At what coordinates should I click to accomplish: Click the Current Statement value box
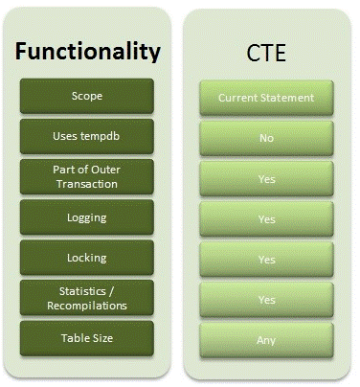pyautogui.click(x=265, y=98)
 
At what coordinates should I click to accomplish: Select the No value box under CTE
pyautogui.click(x=265, y=138)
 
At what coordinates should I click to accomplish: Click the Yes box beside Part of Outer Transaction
pyautogui.click(x=265, y=178)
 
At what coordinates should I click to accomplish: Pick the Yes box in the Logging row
pyautogui.click(x=265, y=218)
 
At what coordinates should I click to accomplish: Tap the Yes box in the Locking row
pyautogui.click(x=265, y=259)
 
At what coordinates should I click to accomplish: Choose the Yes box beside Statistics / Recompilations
pyautogui.click(x=265, y=299)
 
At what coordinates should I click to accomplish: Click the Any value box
pyautogui.click(x=265, y=339)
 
